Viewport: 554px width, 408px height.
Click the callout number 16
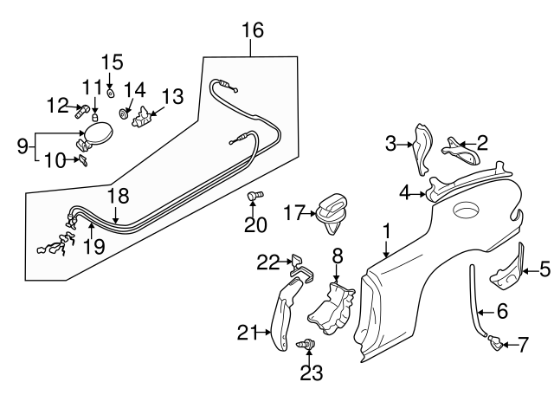(x=251, y=31)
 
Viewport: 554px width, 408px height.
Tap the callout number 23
(x=310, y=372)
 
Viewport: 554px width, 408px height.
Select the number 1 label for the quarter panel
(x=387, y=231)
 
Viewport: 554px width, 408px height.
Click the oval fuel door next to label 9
(x=95, y=135)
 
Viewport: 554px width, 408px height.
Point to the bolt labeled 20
(x=254, y=198)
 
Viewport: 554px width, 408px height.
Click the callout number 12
(x=57, y=106)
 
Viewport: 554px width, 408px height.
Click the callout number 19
(x=93, y=245)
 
